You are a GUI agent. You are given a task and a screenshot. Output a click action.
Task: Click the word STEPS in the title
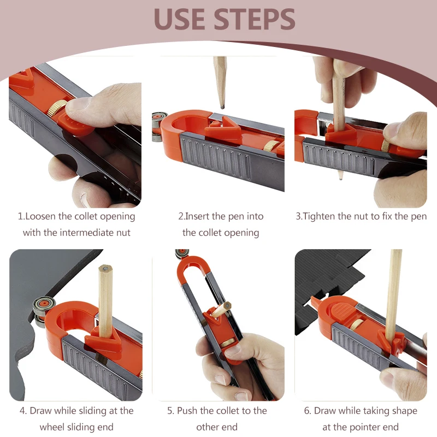click(255, 19)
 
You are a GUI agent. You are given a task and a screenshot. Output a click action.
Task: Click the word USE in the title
click(180, 19)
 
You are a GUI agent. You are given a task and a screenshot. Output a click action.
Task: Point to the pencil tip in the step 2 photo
click(223, 107)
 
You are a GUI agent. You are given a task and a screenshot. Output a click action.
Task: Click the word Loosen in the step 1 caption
click(40, 216)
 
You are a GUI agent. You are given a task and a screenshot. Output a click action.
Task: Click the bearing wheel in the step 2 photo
click(159, 126)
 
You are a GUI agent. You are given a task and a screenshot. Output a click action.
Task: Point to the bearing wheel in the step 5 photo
click(182, 253)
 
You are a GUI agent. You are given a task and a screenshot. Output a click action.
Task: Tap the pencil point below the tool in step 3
click(340, 175)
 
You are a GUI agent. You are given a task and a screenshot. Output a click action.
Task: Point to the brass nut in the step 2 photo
click(270, 146)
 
